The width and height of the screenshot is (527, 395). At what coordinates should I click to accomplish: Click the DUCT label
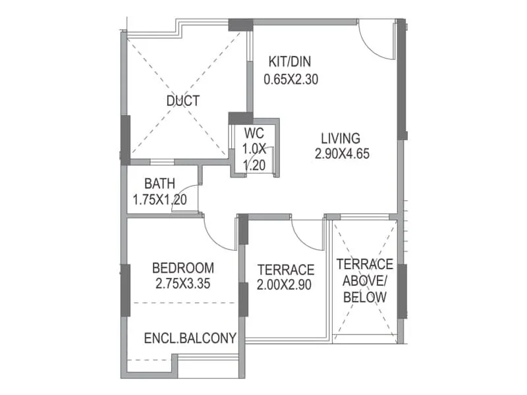pos(182,101)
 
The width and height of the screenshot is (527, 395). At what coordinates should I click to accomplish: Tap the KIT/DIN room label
pos(289,63)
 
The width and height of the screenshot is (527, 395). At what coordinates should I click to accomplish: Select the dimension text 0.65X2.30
pos(292,80)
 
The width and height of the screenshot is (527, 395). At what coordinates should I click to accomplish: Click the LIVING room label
pos(341,139)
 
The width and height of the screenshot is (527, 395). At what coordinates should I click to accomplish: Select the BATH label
pos(160,184)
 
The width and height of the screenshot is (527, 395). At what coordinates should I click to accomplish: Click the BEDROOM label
pos(183,268)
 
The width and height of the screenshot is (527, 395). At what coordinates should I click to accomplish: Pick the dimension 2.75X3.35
pos(187,284)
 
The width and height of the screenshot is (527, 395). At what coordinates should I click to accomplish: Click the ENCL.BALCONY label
pos(190,338)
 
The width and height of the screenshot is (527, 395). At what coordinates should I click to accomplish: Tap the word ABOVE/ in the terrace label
pos(364,281)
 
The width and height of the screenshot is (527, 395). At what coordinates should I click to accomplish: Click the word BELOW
pos(364,298)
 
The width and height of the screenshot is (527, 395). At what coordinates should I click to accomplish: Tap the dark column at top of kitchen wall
pos(240,25)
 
